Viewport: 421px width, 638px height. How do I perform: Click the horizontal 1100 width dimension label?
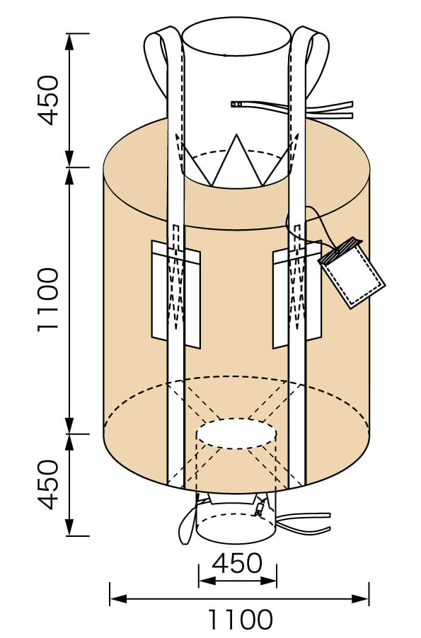240,620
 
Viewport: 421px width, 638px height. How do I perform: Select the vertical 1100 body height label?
48,300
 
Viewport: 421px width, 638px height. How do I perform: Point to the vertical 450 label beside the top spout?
48,99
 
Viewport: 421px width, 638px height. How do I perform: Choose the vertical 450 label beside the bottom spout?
48,485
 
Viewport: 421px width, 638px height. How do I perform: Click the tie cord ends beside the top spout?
333,110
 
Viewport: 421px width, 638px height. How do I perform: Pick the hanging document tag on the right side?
352,274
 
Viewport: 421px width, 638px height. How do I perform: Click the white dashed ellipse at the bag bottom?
236,434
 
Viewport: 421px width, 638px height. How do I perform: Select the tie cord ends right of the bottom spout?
308,521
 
